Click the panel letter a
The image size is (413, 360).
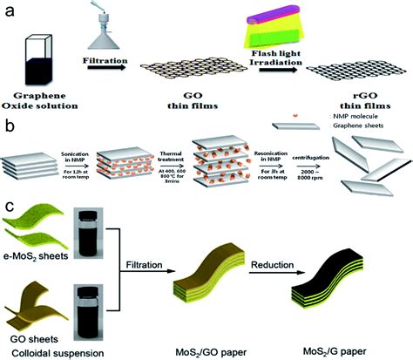pos(10,11)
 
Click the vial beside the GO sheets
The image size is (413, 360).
pos(91,319)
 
